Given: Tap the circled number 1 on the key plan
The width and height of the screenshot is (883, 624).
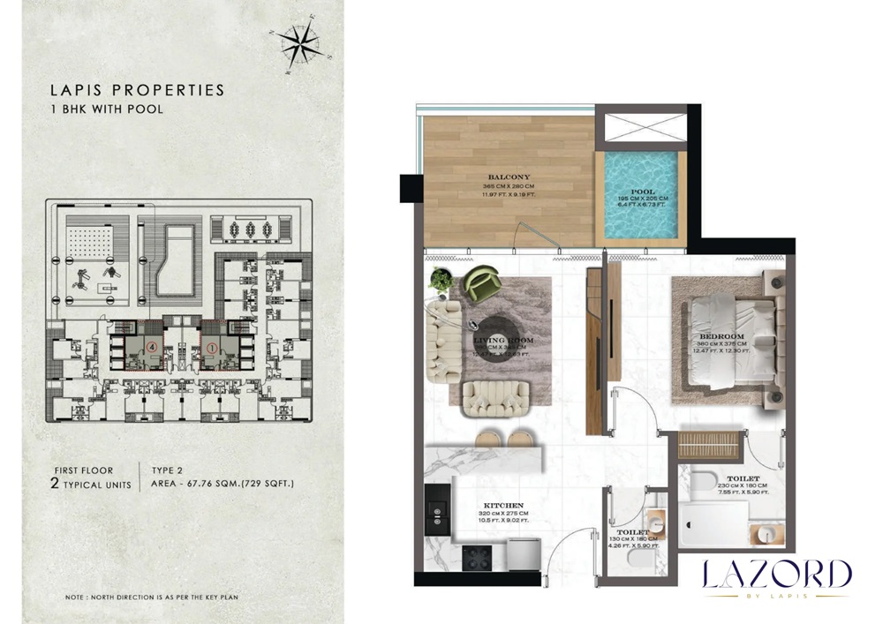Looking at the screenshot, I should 212,346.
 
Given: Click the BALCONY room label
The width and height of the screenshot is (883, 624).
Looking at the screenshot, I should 507,177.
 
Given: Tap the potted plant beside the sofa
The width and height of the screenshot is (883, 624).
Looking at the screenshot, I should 440,281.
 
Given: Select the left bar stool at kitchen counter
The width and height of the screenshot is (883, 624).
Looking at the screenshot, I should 487,438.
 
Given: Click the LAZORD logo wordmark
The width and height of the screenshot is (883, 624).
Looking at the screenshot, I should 776,575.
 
